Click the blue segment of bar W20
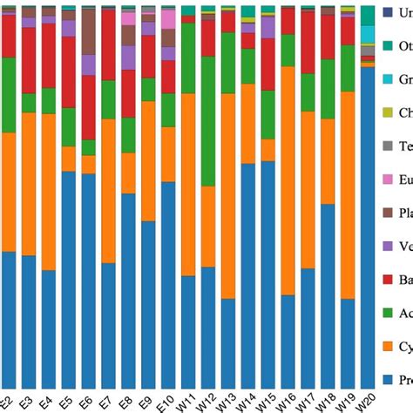point(368,227)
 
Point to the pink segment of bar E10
point(167,19)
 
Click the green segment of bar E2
point(9,96)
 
